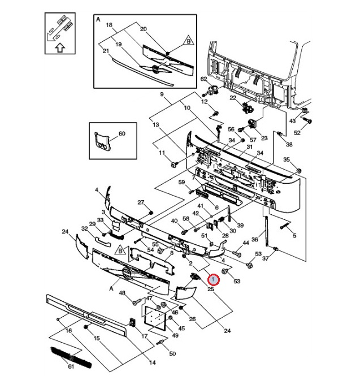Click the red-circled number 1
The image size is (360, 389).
pyautogui.click(x=214, y=279)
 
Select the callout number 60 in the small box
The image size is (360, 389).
pyautogui.click(x=122, y=134)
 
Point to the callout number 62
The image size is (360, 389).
pyautogui.click(x=205, y=79)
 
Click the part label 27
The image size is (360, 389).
pyautogui.click(x=141, y=202)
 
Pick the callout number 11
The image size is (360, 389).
pyautogui.click(x=161, y=153)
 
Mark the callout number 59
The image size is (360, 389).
pyautogui.click(x=181, y=182)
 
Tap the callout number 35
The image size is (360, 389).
pyautogui.click(x=287, y=160)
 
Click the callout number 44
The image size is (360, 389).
pyautogui.click(x=245, y=243)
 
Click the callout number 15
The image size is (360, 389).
pyautogui.click(x=97, y=338)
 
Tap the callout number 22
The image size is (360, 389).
pyautogui.click(x=232, y=98)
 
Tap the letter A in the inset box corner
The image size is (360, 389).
pyautogui.click(x=98, y=19)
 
